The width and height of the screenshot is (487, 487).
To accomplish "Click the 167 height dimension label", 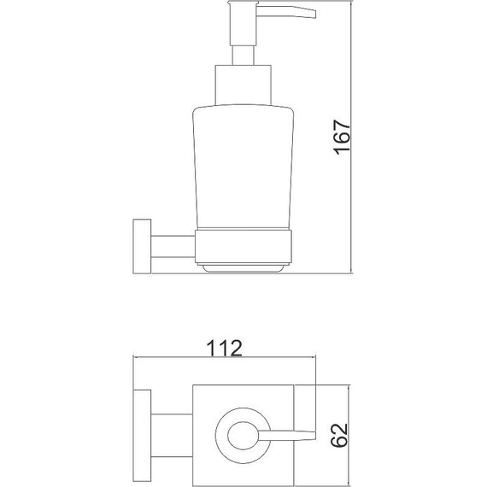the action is [342, 137].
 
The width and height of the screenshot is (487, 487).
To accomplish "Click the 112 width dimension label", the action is [224, 349].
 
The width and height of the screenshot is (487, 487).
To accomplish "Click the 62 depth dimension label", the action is [339, 435].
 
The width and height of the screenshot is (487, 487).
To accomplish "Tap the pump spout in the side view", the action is [286, 12].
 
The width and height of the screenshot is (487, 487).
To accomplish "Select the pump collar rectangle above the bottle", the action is [243, 85].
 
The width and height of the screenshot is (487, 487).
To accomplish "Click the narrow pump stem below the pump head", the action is [243, 56].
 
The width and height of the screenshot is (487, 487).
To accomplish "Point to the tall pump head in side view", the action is [243, 25].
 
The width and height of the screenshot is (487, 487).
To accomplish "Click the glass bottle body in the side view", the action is [243, 167].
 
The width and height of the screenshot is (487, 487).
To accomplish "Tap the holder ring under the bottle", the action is [243, 247].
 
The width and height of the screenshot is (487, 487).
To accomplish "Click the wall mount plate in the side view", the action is [142, 247].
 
